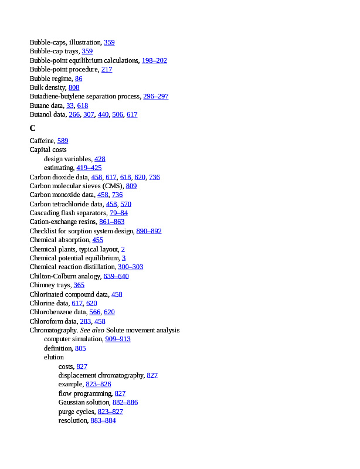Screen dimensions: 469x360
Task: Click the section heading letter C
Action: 33,128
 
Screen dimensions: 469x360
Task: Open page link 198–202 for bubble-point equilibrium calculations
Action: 154,60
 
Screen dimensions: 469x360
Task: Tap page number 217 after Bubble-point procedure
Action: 107,69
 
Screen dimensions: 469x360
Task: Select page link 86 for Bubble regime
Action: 79,79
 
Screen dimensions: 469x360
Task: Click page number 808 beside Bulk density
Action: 74,87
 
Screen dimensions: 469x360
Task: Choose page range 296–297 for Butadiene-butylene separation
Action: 155,96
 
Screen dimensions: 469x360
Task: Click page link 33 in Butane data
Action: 70,106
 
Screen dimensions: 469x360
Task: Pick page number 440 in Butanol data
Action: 103,114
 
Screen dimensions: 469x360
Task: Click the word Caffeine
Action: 42,141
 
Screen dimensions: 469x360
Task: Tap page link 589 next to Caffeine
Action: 63,141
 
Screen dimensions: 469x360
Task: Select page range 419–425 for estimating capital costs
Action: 89,168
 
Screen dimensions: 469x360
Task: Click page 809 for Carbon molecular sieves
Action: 131,186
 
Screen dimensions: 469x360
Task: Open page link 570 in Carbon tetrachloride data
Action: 126,204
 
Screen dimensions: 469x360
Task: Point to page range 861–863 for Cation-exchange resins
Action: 111,222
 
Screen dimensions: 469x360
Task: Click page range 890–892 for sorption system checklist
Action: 149,231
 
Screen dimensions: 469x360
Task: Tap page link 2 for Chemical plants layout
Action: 123,249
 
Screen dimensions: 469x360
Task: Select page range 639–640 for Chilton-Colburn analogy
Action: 116,276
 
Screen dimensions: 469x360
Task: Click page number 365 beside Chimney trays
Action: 79,285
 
